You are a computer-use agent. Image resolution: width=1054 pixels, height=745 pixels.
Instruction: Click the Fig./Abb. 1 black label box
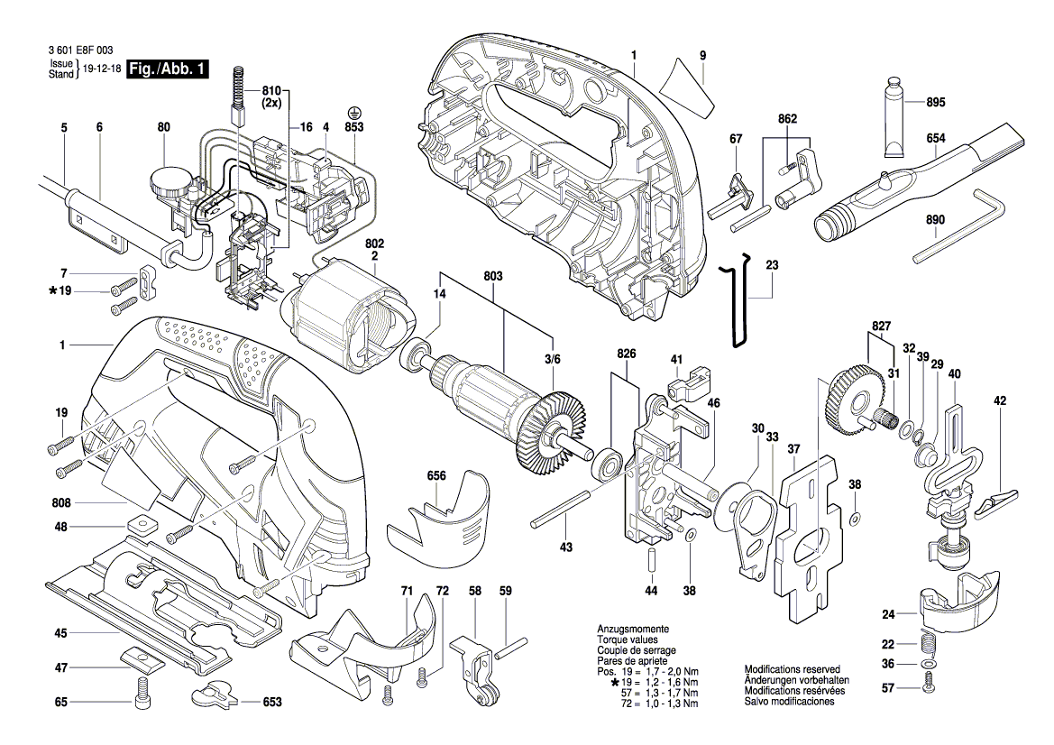[x=169, y=69]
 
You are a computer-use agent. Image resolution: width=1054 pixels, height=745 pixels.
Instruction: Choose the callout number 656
[x=436, y=474]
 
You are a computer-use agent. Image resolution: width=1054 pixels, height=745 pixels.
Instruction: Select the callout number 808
[x=60, y=501]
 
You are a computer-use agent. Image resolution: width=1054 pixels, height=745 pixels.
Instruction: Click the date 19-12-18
[x=100, y=69]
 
